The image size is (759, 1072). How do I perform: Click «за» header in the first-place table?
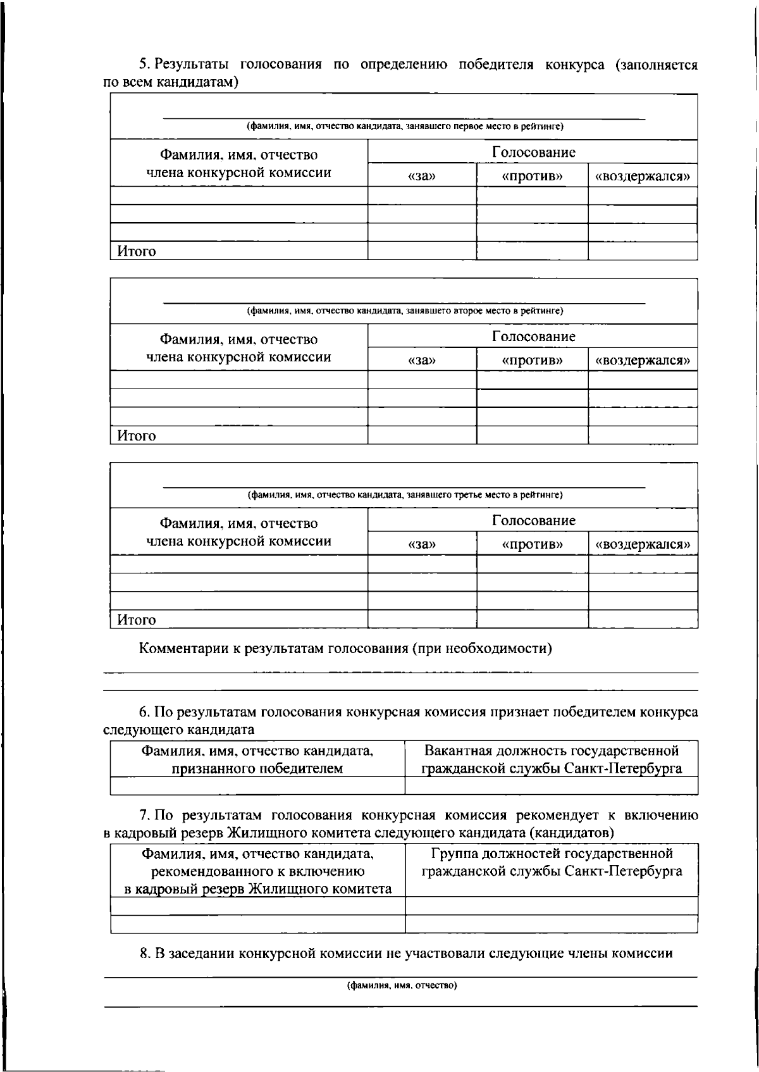click(422, 177)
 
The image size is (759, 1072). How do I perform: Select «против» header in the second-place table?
click(532, 361)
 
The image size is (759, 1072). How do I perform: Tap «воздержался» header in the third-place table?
click(643, 545)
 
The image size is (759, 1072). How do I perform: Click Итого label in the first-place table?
click(136, 251)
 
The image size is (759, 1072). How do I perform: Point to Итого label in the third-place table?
click(136, 620)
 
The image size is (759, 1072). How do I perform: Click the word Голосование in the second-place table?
click(533, 336)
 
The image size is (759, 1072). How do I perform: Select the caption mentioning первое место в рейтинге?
click(405, 127)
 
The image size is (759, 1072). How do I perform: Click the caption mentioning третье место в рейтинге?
click(405, 495)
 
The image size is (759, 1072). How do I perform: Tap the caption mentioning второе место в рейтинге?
click(405, 311)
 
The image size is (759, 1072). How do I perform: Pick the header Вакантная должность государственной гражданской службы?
click(551, 759)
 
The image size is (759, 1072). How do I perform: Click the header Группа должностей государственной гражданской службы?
click(551, 863)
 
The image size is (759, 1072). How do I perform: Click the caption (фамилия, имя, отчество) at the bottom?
click(402, 985)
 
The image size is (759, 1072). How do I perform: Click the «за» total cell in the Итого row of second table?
click(422, 435)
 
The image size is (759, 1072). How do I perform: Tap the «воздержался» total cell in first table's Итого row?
click(643, 251)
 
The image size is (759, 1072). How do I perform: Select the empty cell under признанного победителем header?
click(257, 785)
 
